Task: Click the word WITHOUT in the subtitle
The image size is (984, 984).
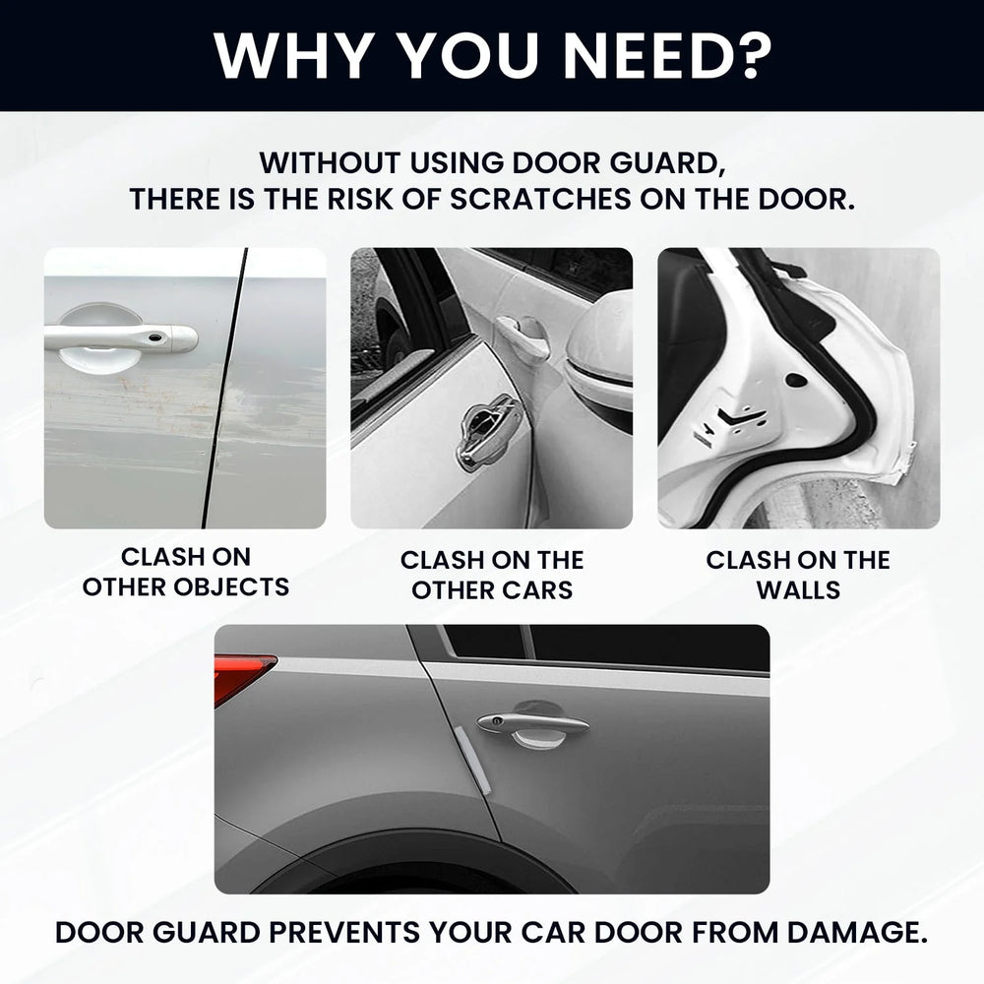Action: tap(329, 163)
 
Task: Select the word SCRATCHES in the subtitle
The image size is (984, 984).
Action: tap(540, 200)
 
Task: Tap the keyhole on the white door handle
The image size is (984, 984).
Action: tap(154, 339)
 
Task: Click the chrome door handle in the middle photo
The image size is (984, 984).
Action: tap(491, 426)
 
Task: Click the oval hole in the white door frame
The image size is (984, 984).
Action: tap(796, 380)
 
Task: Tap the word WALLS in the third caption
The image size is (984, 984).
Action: tap(798, 590)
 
